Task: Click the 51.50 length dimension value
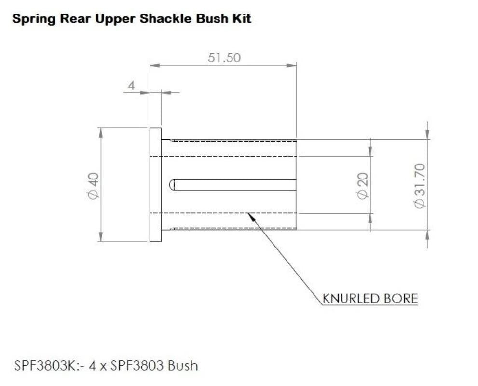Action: [x=224, y=57]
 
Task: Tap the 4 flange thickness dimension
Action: [x=131, y=85]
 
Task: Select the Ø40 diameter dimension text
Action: [x=94, y=186]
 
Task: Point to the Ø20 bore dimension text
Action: [x=363, y=186]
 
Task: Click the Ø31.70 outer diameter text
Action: [x=420, y=186]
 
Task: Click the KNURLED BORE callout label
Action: [x=370, y=298]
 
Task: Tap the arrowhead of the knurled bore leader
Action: [x=251, y=217]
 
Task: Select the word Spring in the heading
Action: [x=34, y=19]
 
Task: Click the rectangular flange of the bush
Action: [x=155, y=185]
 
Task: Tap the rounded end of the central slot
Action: [x=172, y=185]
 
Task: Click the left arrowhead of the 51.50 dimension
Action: [x=155, y=65]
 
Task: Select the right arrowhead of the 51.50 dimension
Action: [x=292, y=65]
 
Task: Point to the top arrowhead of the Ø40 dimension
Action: [x=101, y=133]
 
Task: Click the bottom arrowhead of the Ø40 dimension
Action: [x=101, y=237]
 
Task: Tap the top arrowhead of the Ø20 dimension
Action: [x=370, y=152]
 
